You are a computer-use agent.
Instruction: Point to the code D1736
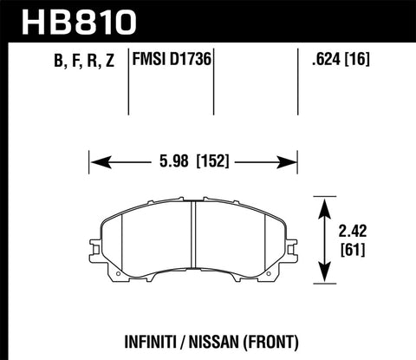(x=193, y=62)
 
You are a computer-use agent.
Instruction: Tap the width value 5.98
(x=172, y=160)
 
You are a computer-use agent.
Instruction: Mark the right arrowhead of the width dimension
(x=289, y=160)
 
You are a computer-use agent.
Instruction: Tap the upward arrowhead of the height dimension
(x=327, y=206)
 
